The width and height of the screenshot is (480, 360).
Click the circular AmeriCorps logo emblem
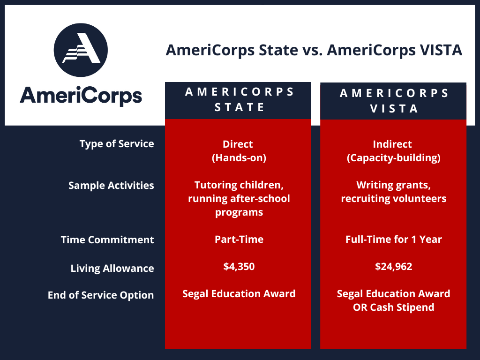click(81, 50)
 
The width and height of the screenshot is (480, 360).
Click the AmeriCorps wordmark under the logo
click(81, 96)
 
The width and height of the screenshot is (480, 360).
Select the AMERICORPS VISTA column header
click(393, 101)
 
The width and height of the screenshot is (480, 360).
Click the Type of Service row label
click(117, 144)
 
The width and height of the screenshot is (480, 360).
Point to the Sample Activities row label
click(111, 186)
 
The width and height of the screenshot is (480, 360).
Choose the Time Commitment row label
click(107, 240)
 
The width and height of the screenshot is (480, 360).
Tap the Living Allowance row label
click(112, 269)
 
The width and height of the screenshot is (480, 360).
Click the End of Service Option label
click(101, 295)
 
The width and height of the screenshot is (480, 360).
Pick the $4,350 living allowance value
click(239, 266)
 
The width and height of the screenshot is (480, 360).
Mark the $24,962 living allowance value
click(394, 266)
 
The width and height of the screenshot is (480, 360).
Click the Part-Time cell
click(239, 240)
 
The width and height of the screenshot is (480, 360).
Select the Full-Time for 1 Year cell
click(394, 240)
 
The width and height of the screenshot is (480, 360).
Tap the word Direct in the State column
click(238, 144)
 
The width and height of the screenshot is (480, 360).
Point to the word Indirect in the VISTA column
click(392, 144)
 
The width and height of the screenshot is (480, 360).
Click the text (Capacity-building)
click(394, 158)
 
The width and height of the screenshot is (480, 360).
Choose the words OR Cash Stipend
click(394, 307)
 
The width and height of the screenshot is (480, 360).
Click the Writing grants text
click(394, 185)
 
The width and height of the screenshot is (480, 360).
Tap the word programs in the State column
click(239, 212)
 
